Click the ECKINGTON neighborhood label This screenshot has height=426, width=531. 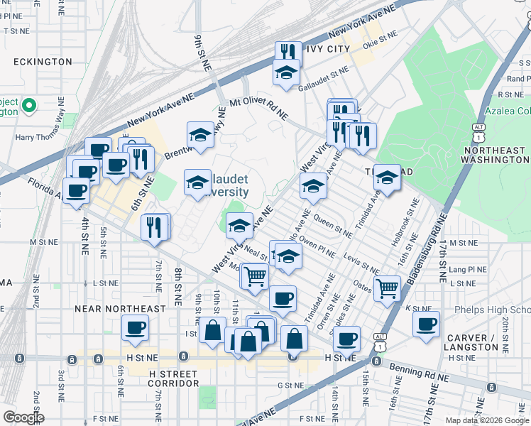[41, 62]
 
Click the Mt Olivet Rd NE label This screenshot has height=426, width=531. [259, 107]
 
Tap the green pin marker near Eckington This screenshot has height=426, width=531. [29, 106]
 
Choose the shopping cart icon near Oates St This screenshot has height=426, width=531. [387, 288]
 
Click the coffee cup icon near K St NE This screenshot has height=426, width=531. [426, 324]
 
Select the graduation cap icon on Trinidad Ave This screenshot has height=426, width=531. [387, 177]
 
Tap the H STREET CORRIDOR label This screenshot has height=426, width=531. [174, 378]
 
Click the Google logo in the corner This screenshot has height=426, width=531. [23, 417]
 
